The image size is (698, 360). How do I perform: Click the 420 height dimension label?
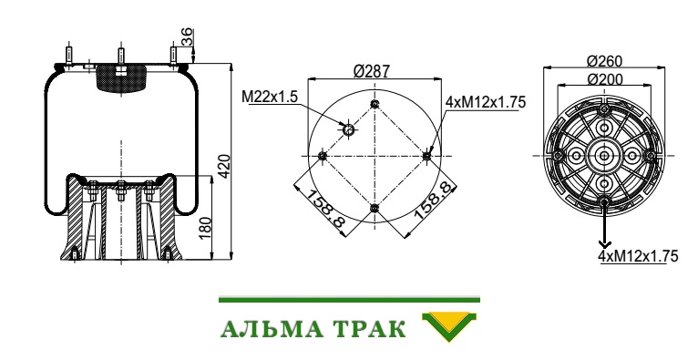[x=226, y=166]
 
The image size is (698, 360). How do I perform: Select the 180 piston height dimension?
[x=205, y=227]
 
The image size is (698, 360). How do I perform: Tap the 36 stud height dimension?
[x=188, y=37]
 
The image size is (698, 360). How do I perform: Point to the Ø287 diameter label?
[x=372, y=71]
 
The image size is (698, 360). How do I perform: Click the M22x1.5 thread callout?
[x=270, y=97]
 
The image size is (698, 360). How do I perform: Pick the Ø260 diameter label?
[x=604, y=60]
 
